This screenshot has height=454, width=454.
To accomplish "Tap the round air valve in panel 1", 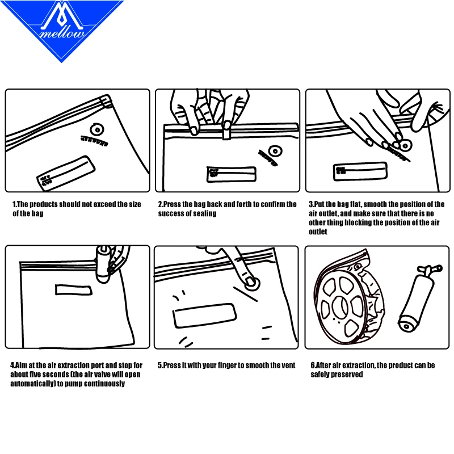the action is [97, 130].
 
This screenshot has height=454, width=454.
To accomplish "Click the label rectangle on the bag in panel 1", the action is [66, 173].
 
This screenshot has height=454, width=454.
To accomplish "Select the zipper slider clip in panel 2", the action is [226, 131].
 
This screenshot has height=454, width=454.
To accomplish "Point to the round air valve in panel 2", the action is [275, 151].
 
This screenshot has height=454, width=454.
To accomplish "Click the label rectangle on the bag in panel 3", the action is [360, 171].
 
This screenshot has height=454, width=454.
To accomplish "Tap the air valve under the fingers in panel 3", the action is [406, 145].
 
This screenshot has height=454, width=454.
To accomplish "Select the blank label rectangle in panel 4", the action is [74, 290].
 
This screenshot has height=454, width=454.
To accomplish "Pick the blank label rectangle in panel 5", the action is [204, 316].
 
